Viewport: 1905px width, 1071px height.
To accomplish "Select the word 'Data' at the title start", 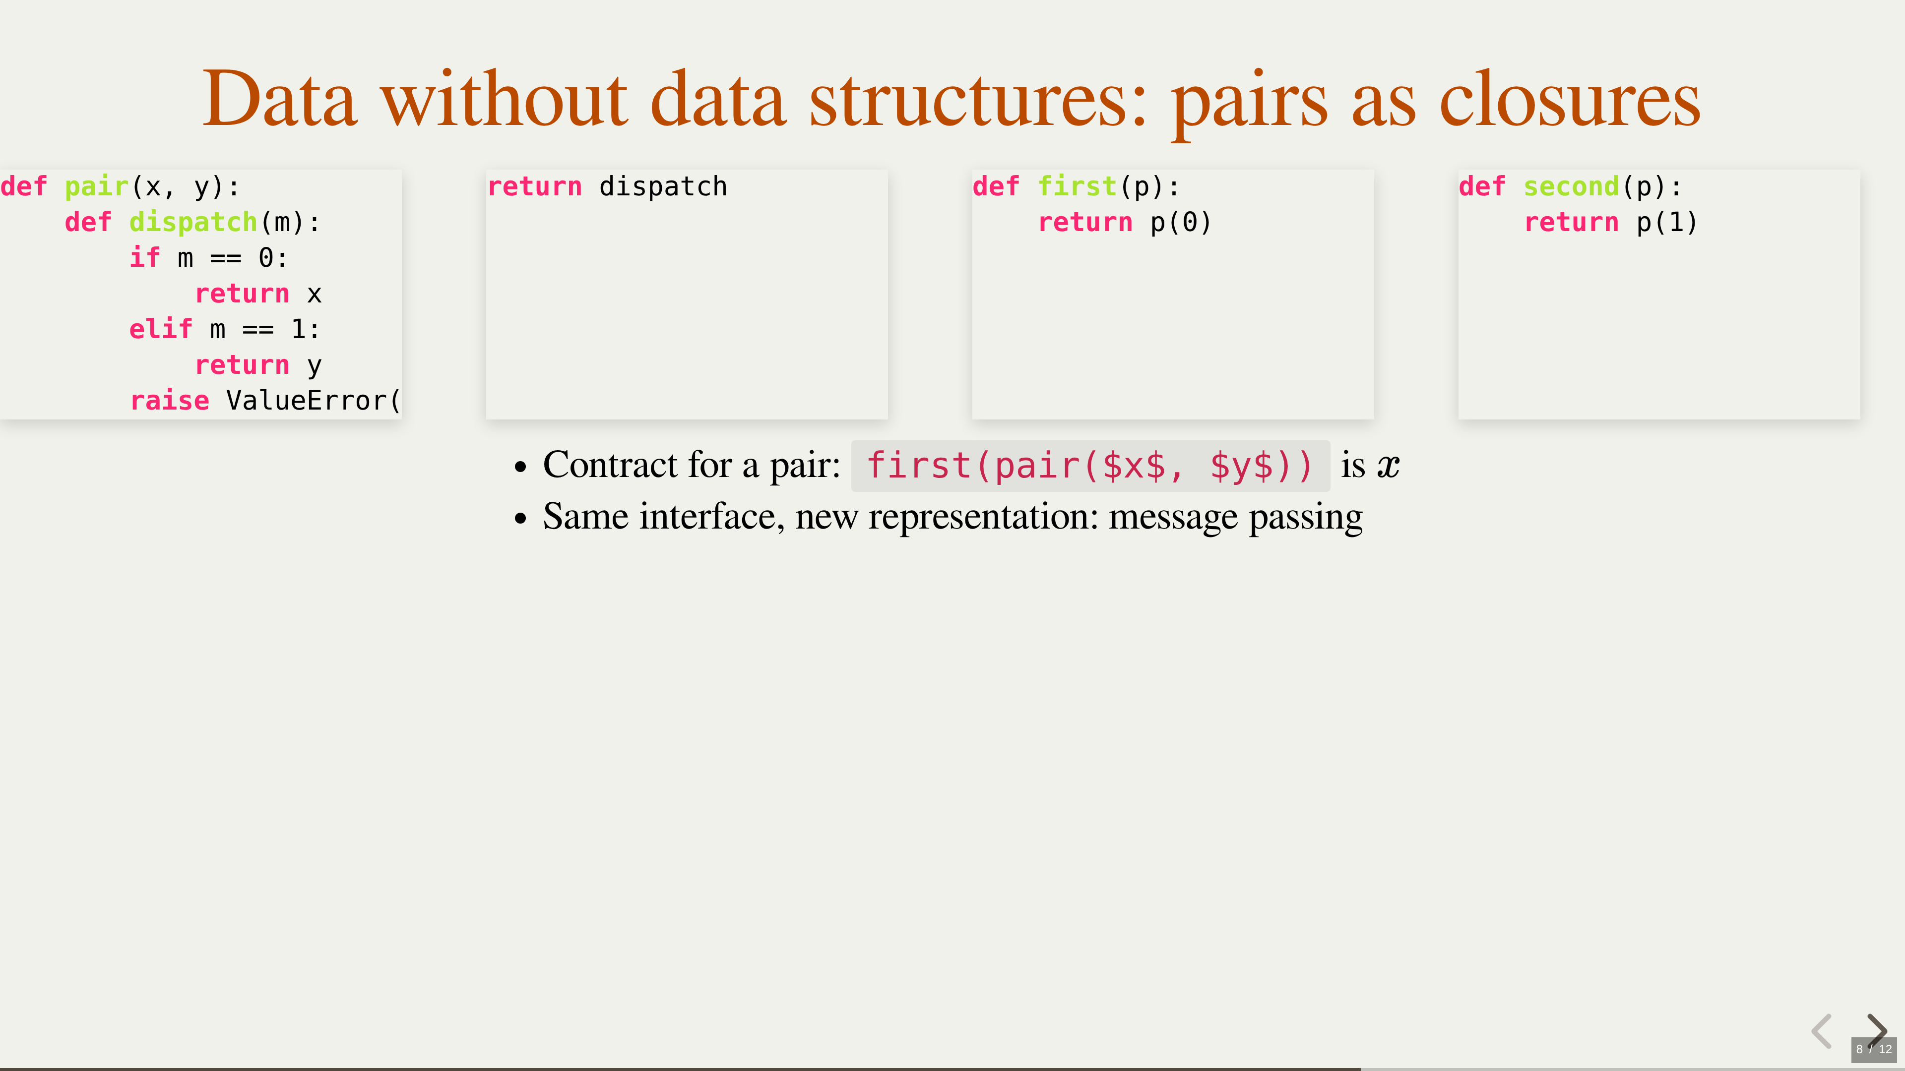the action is tap(279, 98).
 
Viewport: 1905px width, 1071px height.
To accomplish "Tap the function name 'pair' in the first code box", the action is tap(97, 187).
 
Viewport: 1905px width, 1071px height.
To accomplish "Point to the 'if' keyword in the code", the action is tap(145, 257).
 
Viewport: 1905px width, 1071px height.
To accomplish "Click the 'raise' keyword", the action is tap(169, 401).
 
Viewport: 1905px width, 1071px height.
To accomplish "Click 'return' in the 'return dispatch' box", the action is tap(535, 187).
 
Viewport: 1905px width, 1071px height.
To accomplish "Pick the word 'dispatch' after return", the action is tap(663, 187).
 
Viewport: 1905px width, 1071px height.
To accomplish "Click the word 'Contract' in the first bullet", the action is tap(610, 465).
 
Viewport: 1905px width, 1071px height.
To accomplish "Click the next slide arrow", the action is tap(1877, 1030).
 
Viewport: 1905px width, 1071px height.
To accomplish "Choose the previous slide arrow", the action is tap(1822, 1030).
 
